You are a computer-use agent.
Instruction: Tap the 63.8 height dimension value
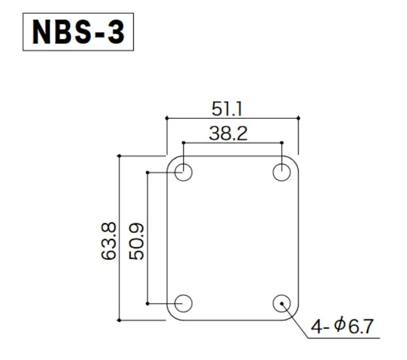tap(110, 241)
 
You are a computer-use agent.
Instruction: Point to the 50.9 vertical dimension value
tap(137, 241)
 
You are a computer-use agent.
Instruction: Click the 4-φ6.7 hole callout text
tap(342, 327)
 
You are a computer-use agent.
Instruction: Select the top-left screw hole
tap(183, 173)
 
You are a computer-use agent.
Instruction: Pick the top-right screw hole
tap(282, 173)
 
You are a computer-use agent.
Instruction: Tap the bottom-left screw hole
tap(183, 304)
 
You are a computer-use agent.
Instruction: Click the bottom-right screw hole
tap(282, 304)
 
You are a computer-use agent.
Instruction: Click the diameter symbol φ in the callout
tap(339, 326)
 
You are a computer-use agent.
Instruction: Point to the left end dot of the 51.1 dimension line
tap(167, 118)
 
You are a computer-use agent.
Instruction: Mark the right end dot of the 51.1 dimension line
tap(298, 118)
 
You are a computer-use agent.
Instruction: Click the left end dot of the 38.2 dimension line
tap(183, 142)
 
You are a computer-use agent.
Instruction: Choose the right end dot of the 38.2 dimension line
tap(282, 142)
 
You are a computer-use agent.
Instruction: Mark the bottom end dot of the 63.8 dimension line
tap(120, 320)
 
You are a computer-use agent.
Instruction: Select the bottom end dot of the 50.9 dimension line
tap(147, 304)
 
